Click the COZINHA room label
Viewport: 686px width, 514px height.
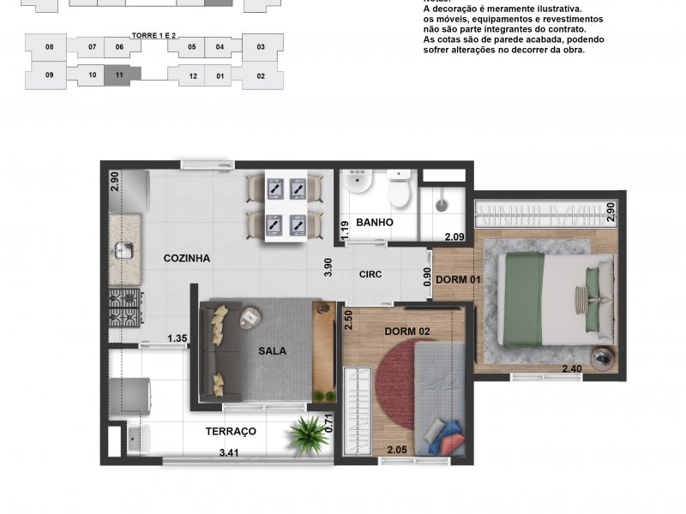pos(187,259)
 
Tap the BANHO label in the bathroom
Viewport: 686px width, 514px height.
pos(375,223)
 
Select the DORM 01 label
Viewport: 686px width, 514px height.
pos(459,280)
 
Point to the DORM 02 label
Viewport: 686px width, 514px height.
pos(407,332)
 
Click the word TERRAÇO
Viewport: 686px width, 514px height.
pos(231,432)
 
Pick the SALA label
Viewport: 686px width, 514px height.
pos(272,351)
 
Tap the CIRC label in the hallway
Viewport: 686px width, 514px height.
pos(370,274)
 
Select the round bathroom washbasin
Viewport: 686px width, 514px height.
pos(357,181)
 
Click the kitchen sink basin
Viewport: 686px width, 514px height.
pos(124,250)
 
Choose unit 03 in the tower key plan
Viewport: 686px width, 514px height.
pos(261,47)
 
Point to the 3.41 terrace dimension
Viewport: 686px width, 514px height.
pos(229,453)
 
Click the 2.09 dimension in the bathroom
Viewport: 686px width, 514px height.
pos(454,237)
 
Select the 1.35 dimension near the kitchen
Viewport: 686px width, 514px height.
pos(178,338)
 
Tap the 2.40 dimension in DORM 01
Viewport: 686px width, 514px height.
pos(572,368)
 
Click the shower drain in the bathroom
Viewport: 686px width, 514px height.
pos(442,206)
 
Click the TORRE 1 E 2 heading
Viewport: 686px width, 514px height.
pos(153,35)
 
